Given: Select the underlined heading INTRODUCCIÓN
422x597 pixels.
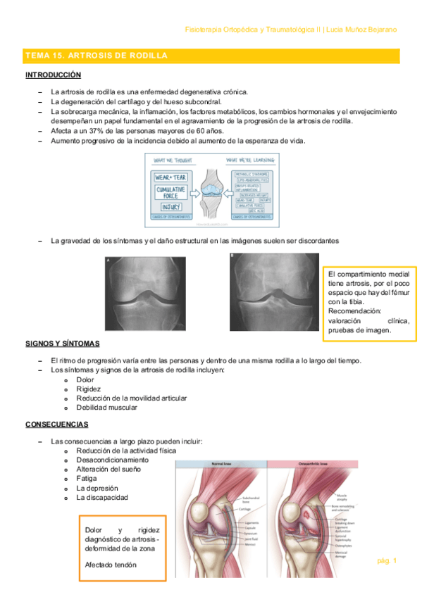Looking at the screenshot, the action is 53,75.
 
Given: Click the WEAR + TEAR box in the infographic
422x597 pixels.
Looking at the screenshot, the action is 172,171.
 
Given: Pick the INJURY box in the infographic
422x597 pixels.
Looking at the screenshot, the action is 171,207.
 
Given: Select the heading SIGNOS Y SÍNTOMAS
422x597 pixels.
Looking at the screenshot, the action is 62,344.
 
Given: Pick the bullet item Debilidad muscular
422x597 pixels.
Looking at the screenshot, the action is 107,407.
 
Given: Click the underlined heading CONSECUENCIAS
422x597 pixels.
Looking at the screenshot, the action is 57,425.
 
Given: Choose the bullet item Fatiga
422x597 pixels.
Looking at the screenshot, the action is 87,478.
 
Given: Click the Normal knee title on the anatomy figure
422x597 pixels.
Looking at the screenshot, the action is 221,465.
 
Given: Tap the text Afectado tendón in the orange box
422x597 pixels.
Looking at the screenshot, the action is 111,565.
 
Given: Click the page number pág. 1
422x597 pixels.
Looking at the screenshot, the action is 387,560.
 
